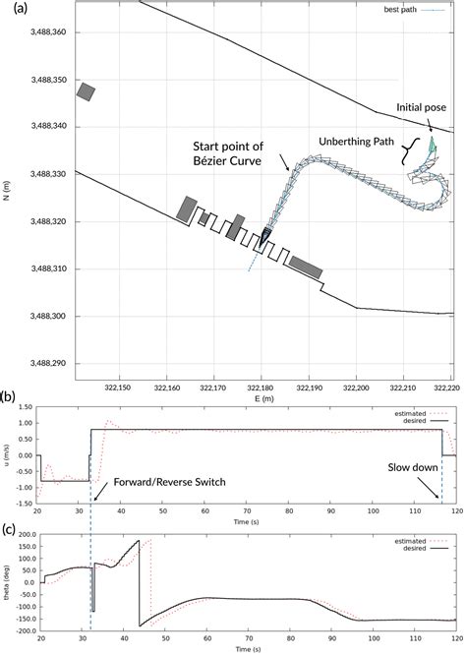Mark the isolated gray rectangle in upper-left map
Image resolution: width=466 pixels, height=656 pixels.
click(87, 91)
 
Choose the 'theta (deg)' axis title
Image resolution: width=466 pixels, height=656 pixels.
click(8, 582)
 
